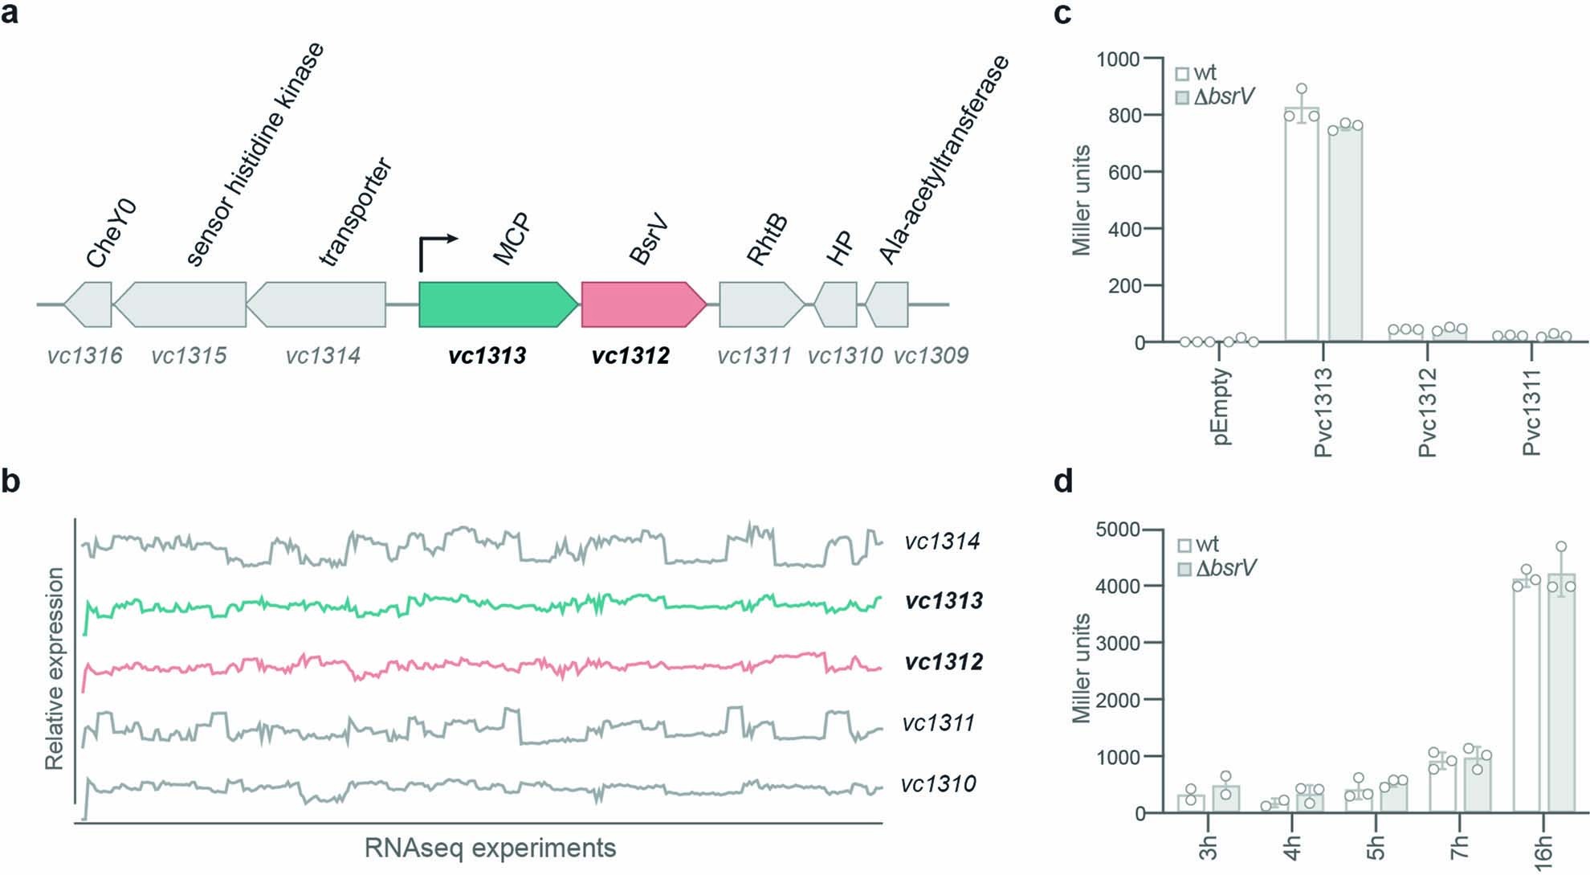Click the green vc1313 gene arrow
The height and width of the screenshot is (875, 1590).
coord(496,305)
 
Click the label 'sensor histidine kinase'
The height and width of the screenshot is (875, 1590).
coord(255,154)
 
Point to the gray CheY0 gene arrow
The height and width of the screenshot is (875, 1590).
coord(88,305)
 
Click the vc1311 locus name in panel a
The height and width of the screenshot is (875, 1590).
coord(754,355)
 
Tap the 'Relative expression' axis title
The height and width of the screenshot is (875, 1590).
coord(54,669)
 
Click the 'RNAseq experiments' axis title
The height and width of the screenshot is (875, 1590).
coord(490,848)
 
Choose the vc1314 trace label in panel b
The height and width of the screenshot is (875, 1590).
coord(941,541)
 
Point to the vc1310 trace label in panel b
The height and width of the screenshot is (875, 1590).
coord(938,783)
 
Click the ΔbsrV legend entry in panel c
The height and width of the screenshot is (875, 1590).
coord(1214,97)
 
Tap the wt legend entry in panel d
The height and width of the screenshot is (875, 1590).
coord(1197,545)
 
